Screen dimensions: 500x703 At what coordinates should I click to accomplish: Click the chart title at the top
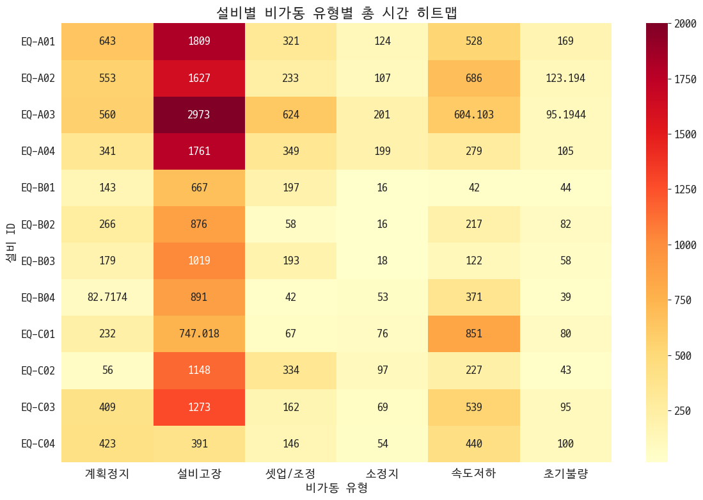click(336, 12)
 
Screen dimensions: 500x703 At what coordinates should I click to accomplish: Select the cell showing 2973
click(199, 115)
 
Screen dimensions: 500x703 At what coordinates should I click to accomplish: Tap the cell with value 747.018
click(199, 334)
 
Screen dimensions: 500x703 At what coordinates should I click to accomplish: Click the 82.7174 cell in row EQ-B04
click(107, 297)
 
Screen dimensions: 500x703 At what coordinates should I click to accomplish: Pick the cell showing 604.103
click(474, 115)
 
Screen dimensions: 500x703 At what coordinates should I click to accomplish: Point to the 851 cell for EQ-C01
click(474, 334)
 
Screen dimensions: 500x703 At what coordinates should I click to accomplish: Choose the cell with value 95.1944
click(565, 115)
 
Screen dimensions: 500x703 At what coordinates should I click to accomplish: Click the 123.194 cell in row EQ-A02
click(565, 78)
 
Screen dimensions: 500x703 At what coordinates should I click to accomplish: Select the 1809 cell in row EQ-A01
click(199, 41)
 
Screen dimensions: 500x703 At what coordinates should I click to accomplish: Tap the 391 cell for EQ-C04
click(199, 443)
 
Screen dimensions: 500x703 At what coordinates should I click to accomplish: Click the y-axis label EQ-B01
click(38, 188)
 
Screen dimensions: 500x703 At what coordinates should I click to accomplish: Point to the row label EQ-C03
click(38, 407)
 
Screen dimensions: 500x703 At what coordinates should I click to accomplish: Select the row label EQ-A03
click(38, 115)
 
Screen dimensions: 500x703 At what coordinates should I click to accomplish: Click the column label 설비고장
click(199, 474)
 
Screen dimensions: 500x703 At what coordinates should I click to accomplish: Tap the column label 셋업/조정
click(290, 474)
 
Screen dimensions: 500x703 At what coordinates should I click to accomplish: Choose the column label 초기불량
click(565, 474)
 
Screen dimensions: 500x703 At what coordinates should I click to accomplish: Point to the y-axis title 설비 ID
click(11, 242)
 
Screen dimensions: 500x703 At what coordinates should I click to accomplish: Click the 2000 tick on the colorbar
click(686, 23)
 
